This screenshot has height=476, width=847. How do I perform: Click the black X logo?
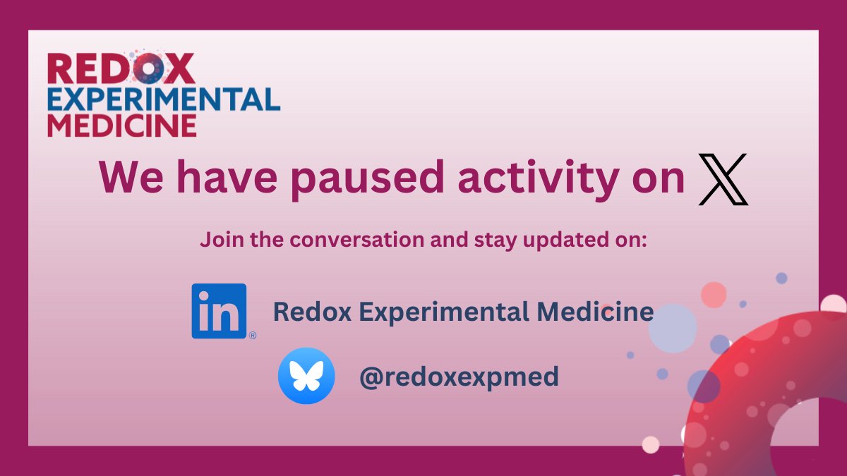pos(723,181)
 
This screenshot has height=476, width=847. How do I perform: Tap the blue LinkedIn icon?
pos(219,311)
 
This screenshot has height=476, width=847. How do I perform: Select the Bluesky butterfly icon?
pos(306,376)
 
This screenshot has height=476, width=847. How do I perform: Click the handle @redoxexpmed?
pos(459,377)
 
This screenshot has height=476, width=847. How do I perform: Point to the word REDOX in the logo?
pos(121,69)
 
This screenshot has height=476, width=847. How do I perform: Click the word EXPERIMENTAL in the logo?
pos(163,99)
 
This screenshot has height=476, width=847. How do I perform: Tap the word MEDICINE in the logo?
pos(121,125)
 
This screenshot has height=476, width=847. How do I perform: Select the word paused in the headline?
pos(368,179)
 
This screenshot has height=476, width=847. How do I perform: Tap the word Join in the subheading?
pos(217,240)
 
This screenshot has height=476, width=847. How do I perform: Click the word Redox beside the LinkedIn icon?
pos(302,311)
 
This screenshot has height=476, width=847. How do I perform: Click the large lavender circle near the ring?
pos(672,328)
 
